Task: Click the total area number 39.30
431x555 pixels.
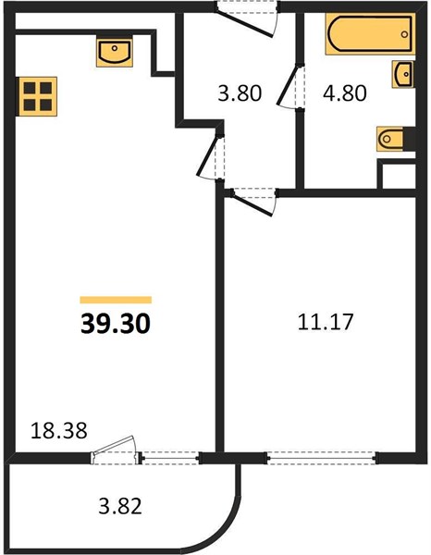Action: pyautogui.click(x=116, y=324)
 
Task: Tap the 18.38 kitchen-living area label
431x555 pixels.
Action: pyautogui.click(x=59, y=431)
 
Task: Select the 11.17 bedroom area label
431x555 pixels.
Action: pyautogui.click(x=326, y=321)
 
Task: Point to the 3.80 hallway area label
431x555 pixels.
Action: pyautogui.click(x=240, y=93)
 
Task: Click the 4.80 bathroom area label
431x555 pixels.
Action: pyautogui.click(x=345, y=93)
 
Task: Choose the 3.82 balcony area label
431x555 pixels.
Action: pyautogui.click(x=120, y=506)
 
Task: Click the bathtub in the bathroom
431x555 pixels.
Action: pyautogui.click(x=370, y=34)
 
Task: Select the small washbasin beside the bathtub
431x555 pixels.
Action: pyautogui.click(x=403, y=74)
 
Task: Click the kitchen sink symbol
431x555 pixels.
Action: pyautogui.click(x=115, y=53)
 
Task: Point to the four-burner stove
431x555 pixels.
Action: pyautogui.click(x=38, y=96)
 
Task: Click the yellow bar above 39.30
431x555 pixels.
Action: pyautogui.click(x=116, y=300)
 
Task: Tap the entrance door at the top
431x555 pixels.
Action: pyautogui.click(x=247, y=18)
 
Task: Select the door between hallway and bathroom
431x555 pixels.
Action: pyautogui.click(x=290, y=86)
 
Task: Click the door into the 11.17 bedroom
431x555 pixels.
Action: pyautogui.click(x=253, y=202)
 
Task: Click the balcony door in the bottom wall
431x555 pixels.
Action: pyautogui.click(x=116, y=451)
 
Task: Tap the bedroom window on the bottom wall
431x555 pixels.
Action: pyautogui.click(x=322, y=458)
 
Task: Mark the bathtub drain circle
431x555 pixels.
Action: pyautogui.click(x=404, y=34)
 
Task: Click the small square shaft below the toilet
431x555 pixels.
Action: pyautogui.click(x=398, y=176)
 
